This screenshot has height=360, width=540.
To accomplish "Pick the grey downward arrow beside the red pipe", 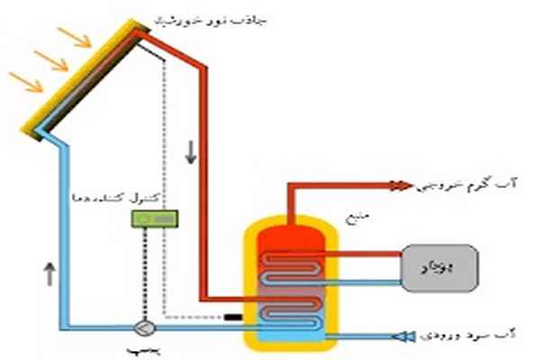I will click(x=190, y=153).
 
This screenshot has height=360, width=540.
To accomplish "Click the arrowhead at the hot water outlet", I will click(x=401, y=186).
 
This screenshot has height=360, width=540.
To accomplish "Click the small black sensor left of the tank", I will click(x=233, y=318).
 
